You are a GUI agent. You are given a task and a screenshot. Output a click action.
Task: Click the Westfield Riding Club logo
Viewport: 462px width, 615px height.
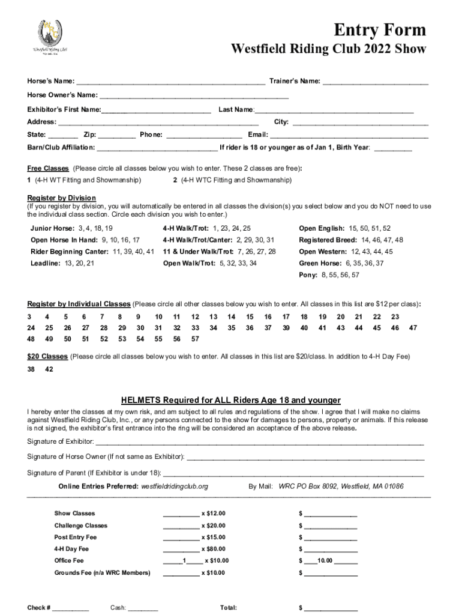click(50, 37)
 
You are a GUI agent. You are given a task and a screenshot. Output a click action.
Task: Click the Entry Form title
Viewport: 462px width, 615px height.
click(380, 29)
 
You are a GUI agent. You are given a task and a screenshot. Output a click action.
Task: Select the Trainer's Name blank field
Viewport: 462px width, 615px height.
click(376, 81)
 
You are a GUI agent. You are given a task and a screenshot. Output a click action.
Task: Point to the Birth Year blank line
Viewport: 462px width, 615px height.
click(393, 148)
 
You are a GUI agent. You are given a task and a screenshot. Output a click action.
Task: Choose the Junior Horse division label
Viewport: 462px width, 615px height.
click(53, 228)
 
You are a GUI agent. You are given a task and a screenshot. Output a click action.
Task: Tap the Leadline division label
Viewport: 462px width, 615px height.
click(44, 263)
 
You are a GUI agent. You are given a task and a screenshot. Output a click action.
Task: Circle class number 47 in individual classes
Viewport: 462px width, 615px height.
click(412, 328)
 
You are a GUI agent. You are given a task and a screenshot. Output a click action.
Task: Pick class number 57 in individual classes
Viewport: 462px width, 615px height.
click(195, 339)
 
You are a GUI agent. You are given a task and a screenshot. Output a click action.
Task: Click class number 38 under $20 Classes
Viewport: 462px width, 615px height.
click(31, 370)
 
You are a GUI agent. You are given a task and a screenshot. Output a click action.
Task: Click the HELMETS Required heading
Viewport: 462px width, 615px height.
click(231, 400)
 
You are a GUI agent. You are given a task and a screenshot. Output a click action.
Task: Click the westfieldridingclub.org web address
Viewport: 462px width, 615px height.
click(174, 486)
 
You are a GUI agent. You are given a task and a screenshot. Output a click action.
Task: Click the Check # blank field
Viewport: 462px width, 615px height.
click(71, 608)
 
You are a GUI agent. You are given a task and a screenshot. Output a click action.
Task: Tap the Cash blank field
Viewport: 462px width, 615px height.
click(143, 608)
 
